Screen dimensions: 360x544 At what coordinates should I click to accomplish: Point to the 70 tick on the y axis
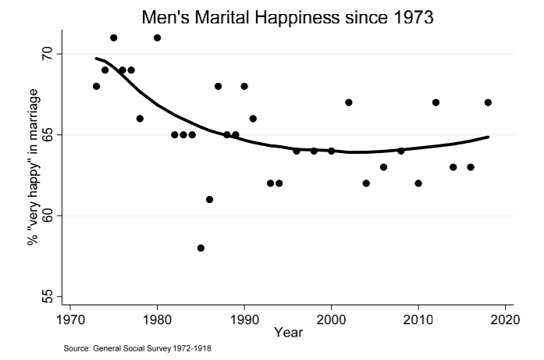click(48, 54)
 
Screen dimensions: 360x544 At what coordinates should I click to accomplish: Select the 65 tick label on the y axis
click(48, 134)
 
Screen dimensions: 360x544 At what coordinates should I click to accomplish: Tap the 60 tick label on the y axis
click(48, 216)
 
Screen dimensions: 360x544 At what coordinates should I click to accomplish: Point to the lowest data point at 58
click(201, 248)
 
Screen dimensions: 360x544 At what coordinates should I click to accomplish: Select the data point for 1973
click(96, 86)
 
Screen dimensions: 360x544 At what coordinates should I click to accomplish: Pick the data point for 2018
click(488, 102)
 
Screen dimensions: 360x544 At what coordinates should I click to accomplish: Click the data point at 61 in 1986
click(209, 199)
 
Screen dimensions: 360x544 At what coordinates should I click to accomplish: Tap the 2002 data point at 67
click(349, 102)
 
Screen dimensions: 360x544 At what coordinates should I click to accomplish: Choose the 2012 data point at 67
click(436, 102)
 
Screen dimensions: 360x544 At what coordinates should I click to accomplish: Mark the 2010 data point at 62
click(418, 183)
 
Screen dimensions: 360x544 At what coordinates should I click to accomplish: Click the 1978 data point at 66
click(140, 119)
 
